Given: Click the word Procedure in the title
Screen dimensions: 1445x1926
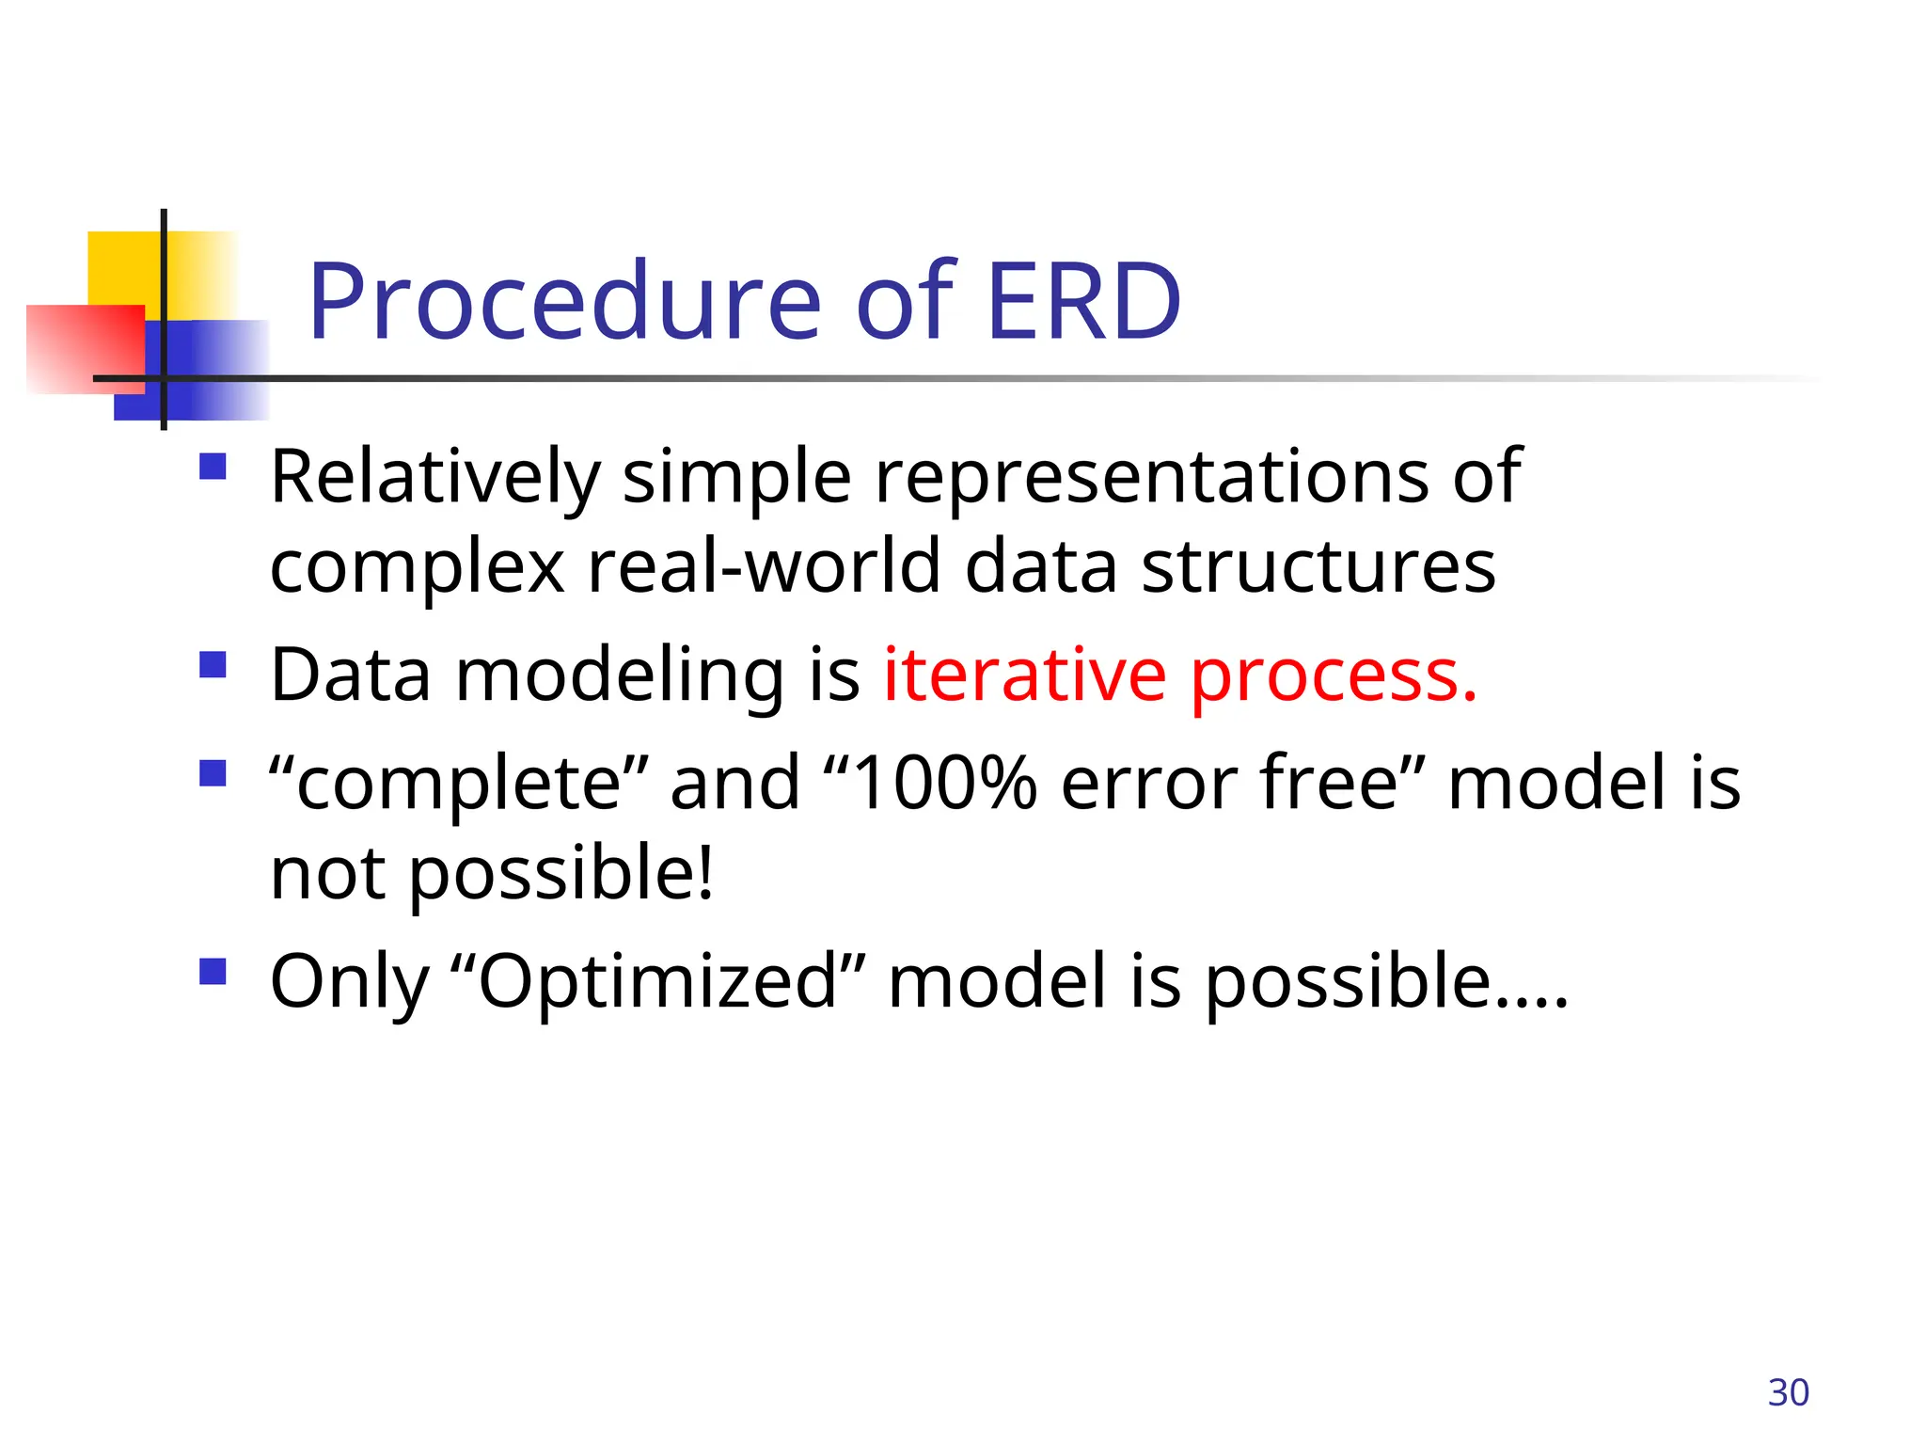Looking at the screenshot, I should coord(564,303).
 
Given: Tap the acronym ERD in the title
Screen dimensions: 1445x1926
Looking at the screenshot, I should coord(1083,303).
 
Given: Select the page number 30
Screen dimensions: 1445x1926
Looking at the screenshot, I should coord(1788,1392).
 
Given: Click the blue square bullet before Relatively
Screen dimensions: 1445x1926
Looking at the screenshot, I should coord(213,467).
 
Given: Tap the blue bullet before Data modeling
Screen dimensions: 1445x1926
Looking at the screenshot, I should coord(213,665).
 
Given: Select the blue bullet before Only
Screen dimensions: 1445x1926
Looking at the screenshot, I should coord(213,971).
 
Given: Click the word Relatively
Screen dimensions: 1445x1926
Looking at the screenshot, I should coord(434,478).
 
